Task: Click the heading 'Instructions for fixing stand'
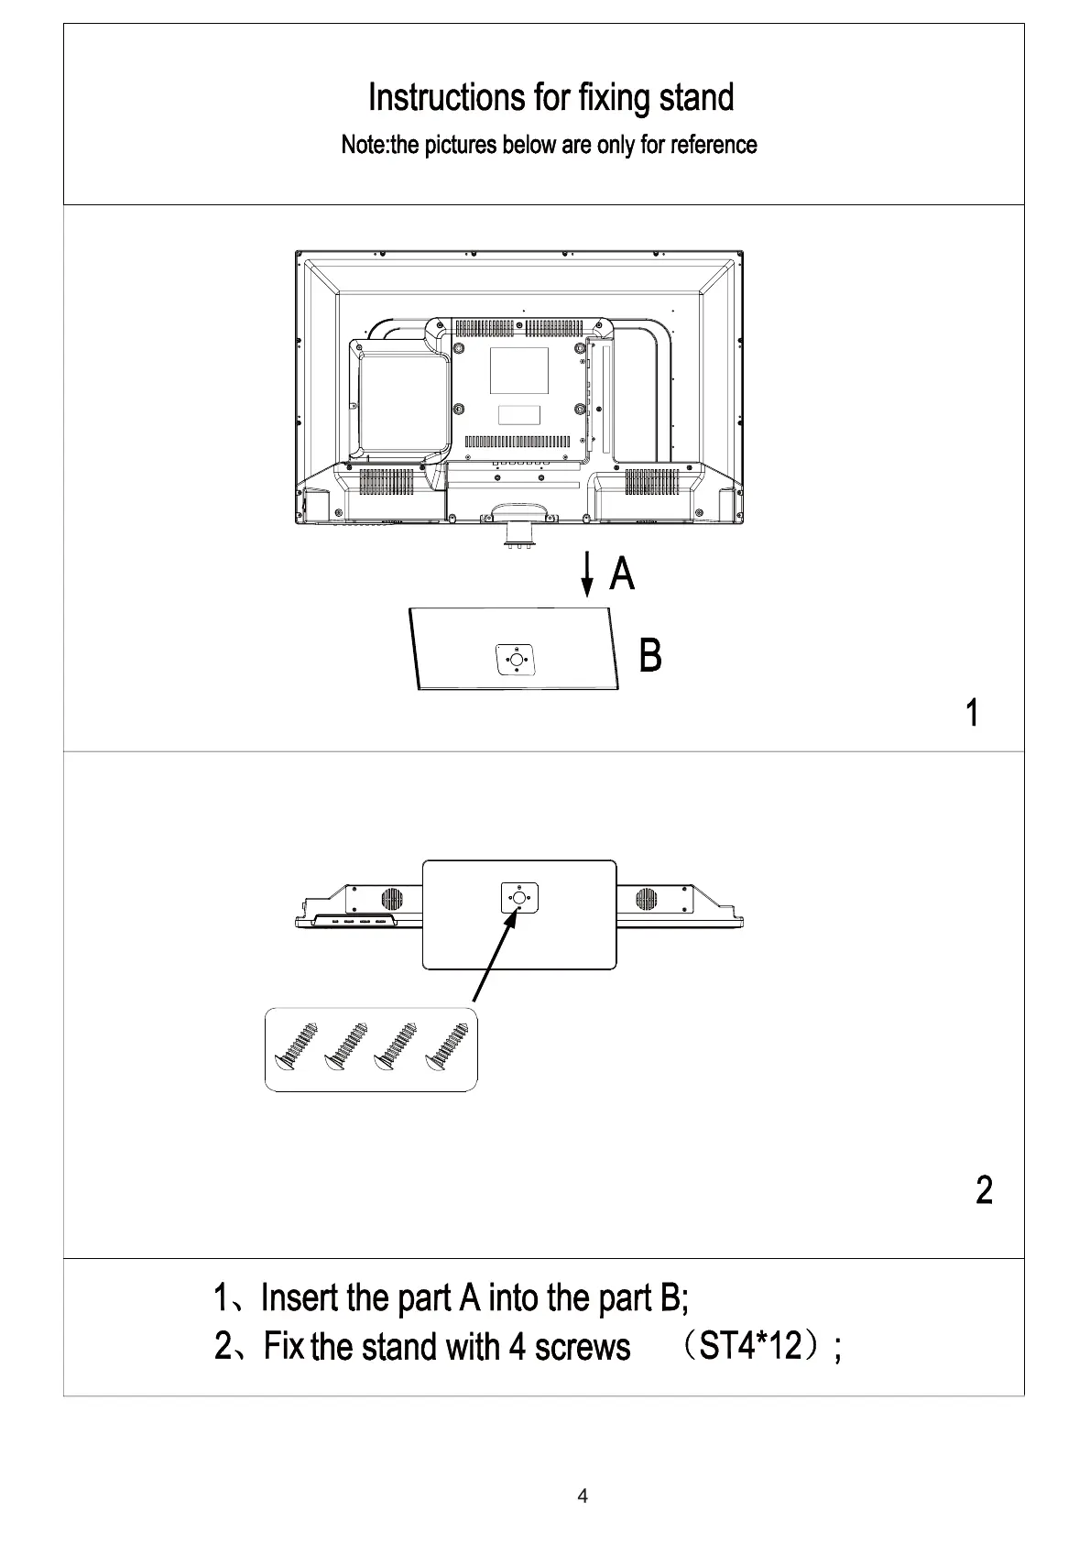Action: pyautogui.click(x=550, y=97)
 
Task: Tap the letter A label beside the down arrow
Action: pyautogui.click(x=622, y=575)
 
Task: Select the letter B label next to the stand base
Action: pyautogui.click(x=649, y=656)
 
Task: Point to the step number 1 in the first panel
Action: pyautogui.click(x=973, y=713)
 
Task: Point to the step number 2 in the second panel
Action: pyautogui.click(x=984, y=1190)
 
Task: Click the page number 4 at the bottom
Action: pyautogui.click(x=583, y=1497)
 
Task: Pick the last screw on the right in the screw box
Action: pyautogui.click(x=446, y=1048)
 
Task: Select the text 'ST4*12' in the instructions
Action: pyautogui.click(x=750, y=1347)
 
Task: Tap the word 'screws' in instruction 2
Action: pyautogui.click(x=583, y=1347)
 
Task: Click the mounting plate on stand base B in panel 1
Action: pyautogui.click(x=515, y=659)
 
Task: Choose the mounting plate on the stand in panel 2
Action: pyautogui.click(x=518, y=898)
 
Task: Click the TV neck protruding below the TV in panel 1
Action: pyautogui.click(x=518, y=531)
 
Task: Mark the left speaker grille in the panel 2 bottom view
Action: pyautogui.click(x=392, y=899)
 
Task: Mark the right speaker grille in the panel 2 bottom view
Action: pyautogui.click(x=645, y=899)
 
